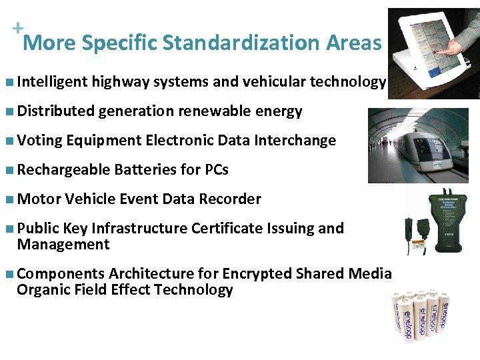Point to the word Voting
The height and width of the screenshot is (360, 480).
[x=39, y=141]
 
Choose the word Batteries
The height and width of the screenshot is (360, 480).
[x=145, y=170]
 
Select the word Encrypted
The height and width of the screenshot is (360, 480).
[x=257, y=274]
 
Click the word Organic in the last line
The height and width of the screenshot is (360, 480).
[x=42, y=290]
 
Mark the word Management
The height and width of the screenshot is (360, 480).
[x=63, y=245]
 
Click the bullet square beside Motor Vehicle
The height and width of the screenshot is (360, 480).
[x=8, y=199]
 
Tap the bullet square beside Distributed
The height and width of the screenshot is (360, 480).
[x=8, y=111]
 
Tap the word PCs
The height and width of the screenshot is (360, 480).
[x=217, y=170]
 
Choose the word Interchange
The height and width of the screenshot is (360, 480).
[x=297, y=141]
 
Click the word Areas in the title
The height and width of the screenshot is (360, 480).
[x=353, y=43]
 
